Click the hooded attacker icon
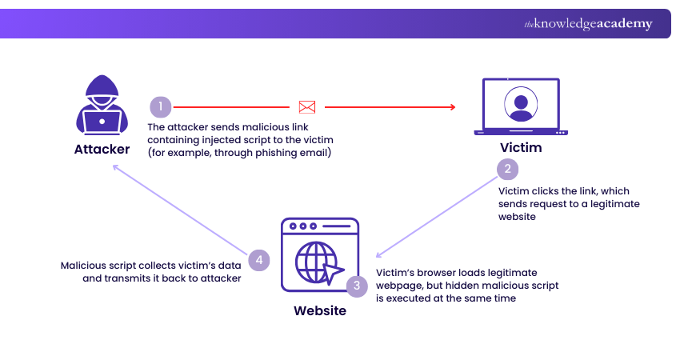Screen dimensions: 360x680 (102, 106)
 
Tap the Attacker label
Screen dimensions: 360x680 (102, 149)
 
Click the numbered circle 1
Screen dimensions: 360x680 (160, 106)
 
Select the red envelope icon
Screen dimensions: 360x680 (307, 106)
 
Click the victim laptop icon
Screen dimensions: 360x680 (521, 107)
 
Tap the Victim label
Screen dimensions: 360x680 (521, 148)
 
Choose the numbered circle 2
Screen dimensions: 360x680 (507, 169)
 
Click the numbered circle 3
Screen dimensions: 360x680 (358, 285)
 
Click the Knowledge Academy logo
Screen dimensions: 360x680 (588, 24)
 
